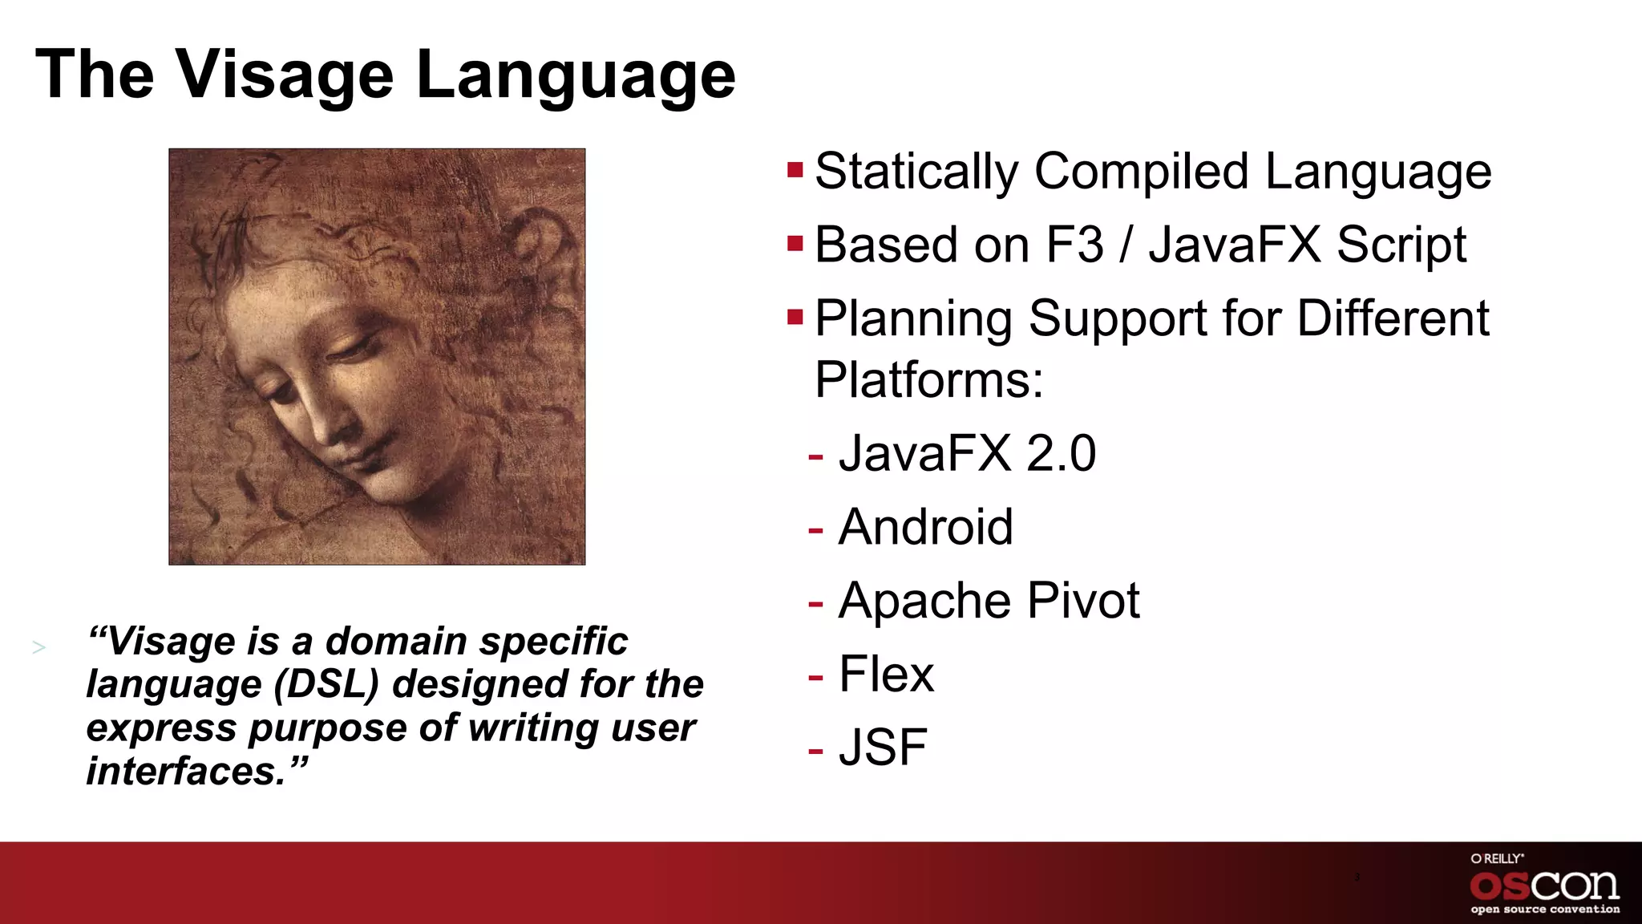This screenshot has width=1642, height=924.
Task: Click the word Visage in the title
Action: click(x=285, y=75)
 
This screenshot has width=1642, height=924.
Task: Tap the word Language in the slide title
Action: click(x=575, y=75)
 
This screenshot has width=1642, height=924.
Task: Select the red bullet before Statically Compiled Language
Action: click(x=795, y=170)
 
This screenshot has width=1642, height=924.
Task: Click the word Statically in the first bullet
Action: click(x=916, y=172)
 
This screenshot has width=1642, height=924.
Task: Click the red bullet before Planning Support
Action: click(x=795, y=317)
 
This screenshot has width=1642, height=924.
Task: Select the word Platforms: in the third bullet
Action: click(x=928, y=379)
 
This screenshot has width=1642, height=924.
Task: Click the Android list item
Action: click(x=925, y=527)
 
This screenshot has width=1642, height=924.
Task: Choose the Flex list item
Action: click(x=886, y=674)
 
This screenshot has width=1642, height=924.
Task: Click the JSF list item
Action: click(x=882, y=748)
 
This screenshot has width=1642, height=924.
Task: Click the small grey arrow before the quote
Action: click(x=38, y=647)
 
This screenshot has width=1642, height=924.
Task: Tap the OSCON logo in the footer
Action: click(x=1544, y=885)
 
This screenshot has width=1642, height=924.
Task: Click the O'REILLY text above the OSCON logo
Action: click(x=1496, y=858)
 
